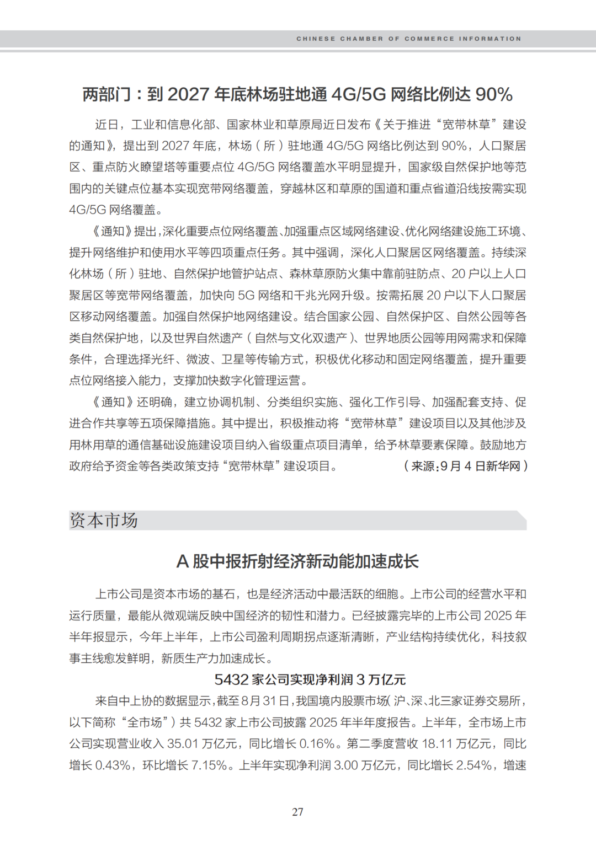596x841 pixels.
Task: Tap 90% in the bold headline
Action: [x=494, y=94]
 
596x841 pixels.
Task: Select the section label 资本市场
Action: [x=104, y=520]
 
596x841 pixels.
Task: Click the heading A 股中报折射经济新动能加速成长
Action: [x=297, y=561]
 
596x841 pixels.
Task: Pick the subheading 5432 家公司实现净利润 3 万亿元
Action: [x=310, y=679]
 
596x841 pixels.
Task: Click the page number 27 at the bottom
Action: [x=297, y=812]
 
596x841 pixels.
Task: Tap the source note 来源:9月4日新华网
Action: [x=466, y=466]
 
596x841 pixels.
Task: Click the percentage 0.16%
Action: [x=317, y=744]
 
